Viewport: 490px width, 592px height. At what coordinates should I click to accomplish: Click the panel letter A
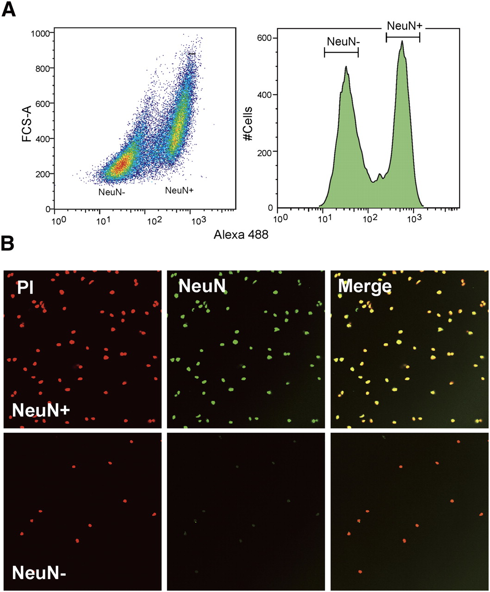click(10, 10)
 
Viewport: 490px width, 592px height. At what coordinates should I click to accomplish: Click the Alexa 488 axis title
click(241, 234)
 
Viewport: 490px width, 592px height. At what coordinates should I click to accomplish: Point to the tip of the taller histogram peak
click(402, 41)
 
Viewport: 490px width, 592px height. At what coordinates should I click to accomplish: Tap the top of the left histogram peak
click(346, 67)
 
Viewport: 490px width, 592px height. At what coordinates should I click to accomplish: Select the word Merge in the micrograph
click(365, 287)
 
